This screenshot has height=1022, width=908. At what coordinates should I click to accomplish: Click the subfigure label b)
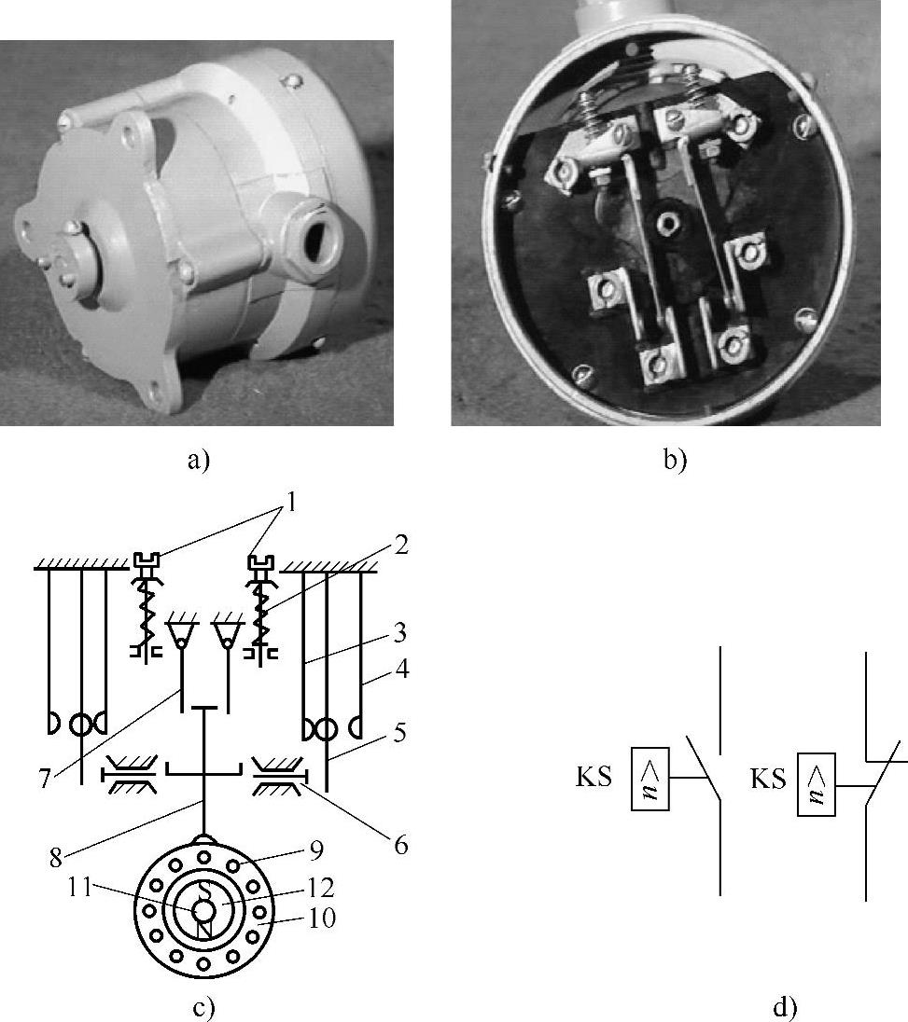pyautogui.click(x=675, y=460)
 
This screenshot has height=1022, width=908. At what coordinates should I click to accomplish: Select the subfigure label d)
pyautogui.click(x=786, y=1007)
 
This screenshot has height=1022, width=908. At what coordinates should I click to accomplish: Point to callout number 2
pyautogui.click(x=401, y=546)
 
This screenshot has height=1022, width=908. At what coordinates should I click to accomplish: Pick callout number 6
pyautogui.click(x=402, y=846)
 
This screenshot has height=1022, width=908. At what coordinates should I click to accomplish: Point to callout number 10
pyautogui.click(x=324, y=918)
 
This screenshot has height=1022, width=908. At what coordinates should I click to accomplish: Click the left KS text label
pyautogui.click(x=594, y=777)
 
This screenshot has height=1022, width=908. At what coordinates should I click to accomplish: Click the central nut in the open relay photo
pyautogui.click(x=666, y=224)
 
